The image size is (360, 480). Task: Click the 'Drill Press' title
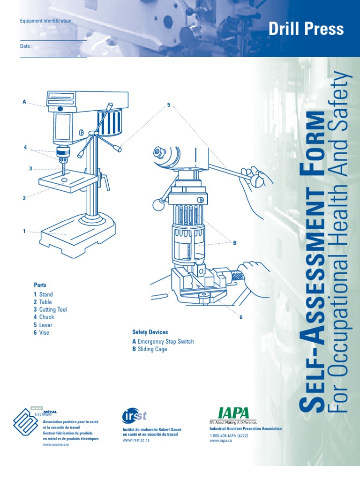click(306, 29)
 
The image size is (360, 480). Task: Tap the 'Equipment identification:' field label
click(46, 21)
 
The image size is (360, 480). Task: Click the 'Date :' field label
click(26, 46)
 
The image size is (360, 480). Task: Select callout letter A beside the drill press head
click(24, 101)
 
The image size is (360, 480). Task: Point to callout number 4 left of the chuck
click(26, 148)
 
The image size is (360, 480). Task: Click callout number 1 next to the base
click(24, 231)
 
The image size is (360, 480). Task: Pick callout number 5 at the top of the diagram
click(168, 105)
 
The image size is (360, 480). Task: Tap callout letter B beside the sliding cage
click(235, 242)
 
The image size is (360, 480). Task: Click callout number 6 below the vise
click(241, 317)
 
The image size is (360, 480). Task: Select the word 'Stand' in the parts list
click(46, 294)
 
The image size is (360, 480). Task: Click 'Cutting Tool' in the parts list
click(53, 310)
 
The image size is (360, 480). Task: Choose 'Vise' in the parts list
click(44, 333)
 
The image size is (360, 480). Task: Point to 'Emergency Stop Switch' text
click(165, 342)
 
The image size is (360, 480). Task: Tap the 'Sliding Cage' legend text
click(152, 349)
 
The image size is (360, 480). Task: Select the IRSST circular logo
click(129, 416)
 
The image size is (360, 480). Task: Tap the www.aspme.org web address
click(56, 444)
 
